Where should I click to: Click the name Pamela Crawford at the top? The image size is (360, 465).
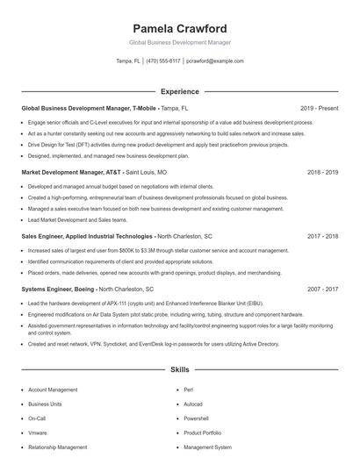(x=179, y=28)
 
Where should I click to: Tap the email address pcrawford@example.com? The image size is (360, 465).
(x=215, y=61)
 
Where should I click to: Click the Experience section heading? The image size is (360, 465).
(x=179, y=91)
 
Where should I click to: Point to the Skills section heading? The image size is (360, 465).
(x=179, y=370)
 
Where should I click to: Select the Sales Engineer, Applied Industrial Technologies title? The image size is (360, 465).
(x=86, y=236)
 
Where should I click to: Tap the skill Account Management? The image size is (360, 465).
(x=53, y=389)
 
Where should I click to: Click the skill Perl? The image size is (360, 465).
(x=189, y=389)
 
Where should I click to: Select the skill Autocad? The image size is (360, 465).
(x=193, y=404)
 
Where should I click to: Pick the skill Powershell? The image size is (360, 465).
(x=197, y=418)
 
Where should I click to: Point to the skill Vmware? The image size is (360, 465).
(x=38, y=433)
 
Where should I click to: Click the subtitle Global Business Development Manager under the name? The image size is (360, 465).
(x=179, y=42)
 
